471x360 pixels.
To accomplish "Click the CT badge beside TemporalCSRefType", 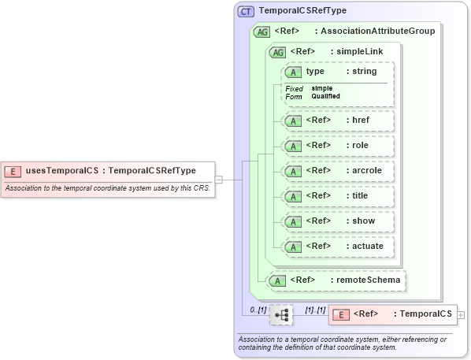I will coord(246,12).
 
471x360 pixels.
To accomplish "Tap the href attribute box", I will coord(337,121).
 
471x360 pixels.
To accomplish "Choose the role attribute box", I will coord(337,146).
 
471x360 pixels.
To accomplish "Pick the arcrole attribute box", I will coord(337,171).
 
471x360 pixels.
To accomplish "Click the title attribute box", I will coord(337,196).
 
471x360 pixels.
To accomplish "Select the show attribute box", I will coord(337,221).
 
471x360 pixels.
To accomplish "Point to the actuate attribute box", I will coord(337,247).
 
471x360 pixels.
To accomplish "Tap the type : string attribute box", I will coord(337,72).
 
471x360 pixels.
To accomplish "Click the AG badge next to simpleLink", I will coord(277,52).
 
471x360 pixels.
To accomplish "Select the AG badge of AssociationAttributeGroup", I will coord(261,32).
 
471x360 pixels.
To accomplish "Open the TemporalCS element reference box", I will coord(392,314).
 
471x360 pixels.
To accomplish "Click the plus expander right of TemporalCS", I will coord(461,315).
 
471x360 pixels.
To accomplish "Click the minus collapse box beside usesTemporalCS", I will coord(219,180).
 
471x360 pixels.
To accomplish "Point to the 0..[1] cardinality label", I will coord(257,310).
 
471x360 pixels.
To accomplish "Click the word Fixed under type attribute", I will coord(294,88).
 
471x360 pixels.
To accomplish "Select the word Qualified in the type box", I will coord(325,96).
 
